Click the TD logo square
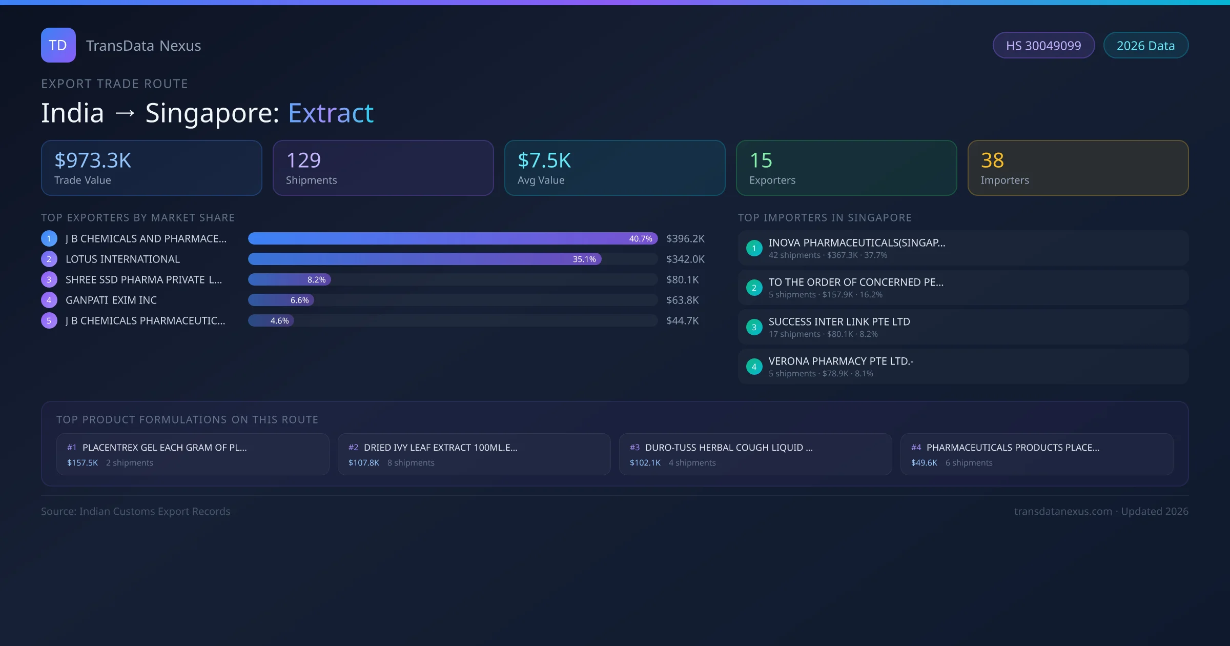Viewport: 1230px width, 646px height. coord(58,45)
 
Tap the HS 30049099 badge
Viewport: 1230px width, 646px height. coord(1043,46)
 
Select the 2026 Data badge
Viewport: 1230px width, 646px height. coord(1145,46)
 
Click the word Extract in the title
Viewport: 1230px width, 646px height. coord(331,113)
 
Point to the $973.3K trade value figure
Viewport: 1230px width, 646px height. coord(93,160)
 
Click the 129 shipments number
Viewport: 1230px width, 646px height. coord(303,160)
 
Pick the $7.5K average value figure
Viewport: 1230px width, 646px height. coord(544,160)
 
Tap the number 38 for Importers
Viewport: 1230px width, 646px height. coord(992,160)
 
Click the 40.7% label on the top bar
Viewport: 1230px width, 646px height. coord(641,239)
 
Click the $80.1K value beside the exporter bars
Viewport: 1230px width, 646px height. coord(682,280)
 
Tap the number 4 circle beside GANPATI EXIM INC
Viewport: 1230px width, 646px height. coord(49,300)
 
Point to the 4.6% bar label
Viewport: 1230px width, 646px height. coord(279,321)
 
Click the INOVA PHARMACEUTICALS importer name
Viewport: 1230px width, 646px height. coord(857,243)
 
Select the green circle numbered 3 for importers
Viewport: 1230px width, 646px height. coord(754,327)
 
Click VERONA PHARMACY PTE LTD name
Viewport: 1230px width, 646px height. coord(841,361)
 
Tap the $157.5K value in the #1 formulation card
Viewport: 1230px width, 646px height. coord(83,463)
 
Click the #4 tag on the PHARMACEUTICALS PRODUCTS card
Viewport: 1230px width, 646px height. coord(916,448)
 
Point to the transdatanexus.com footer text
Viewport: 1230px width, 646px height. coord(1063,512)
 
